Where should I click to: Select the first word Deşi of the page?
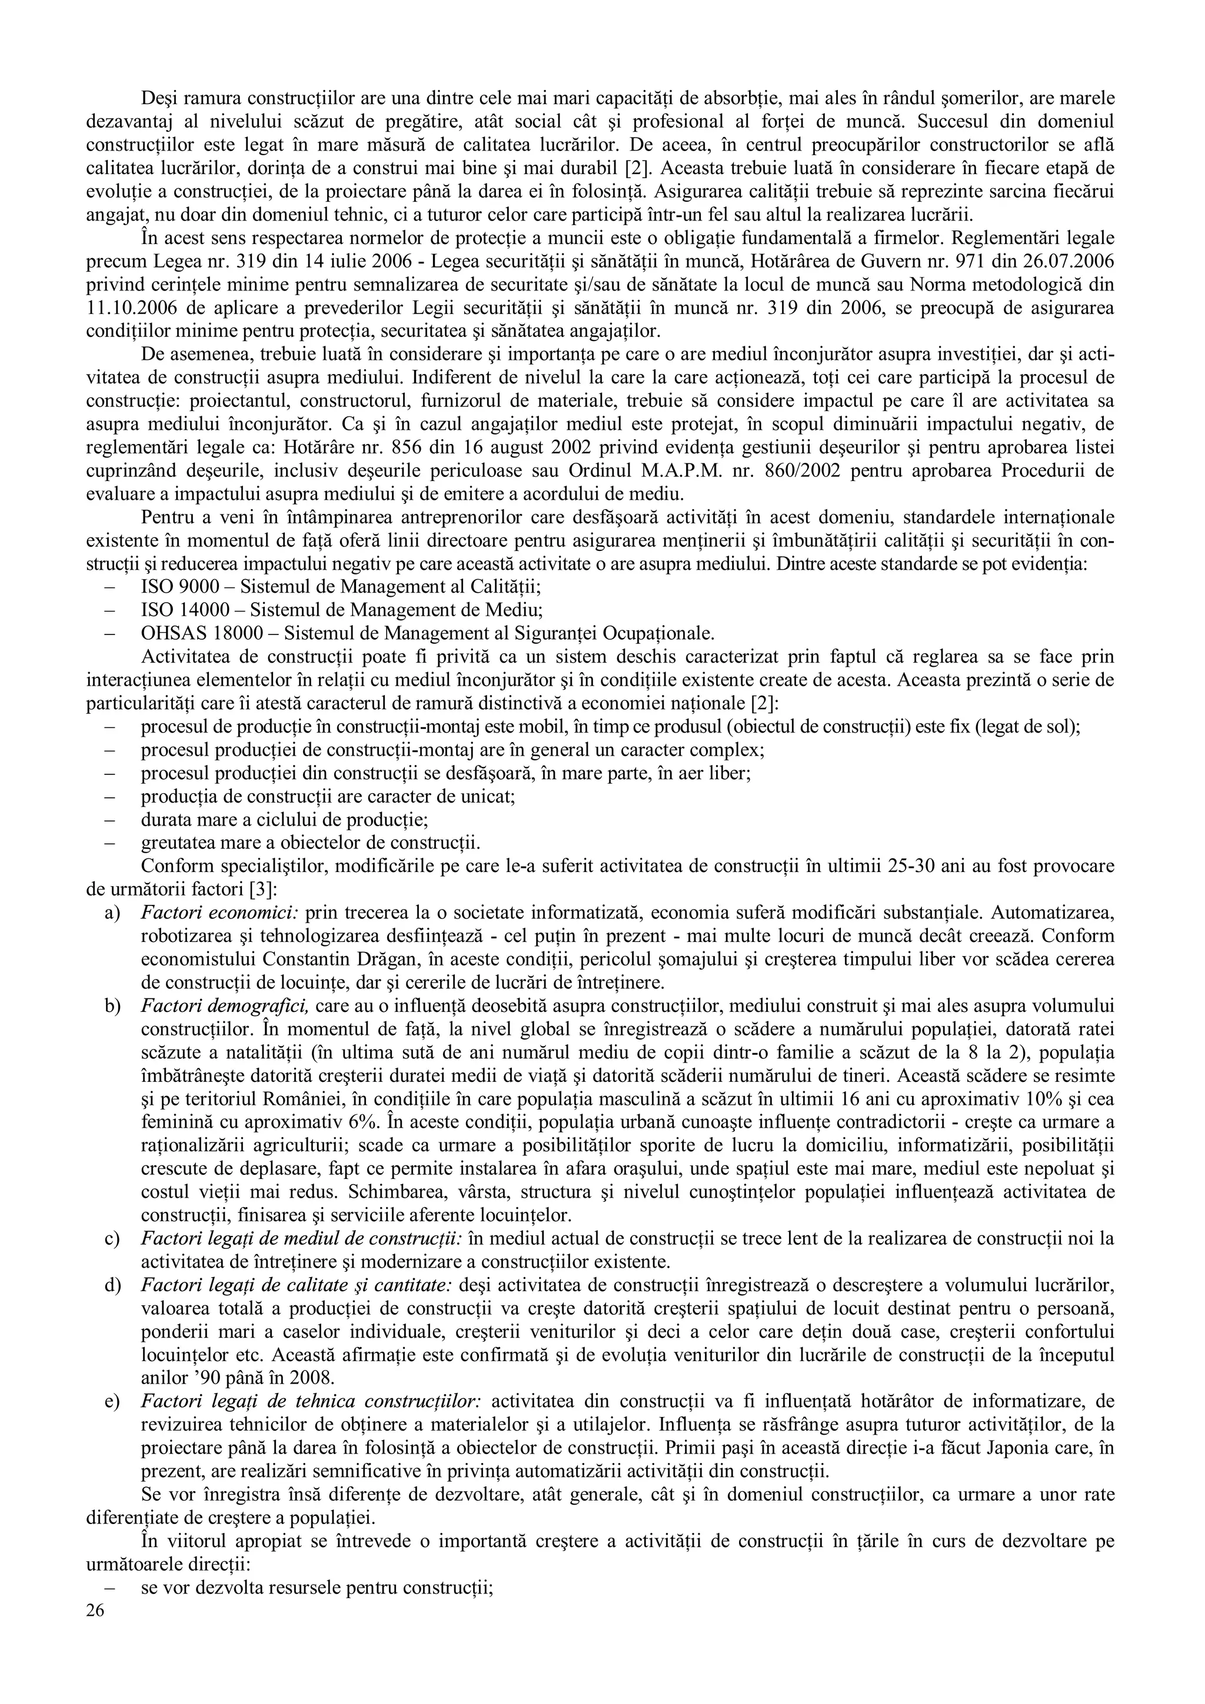point(159,98)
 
